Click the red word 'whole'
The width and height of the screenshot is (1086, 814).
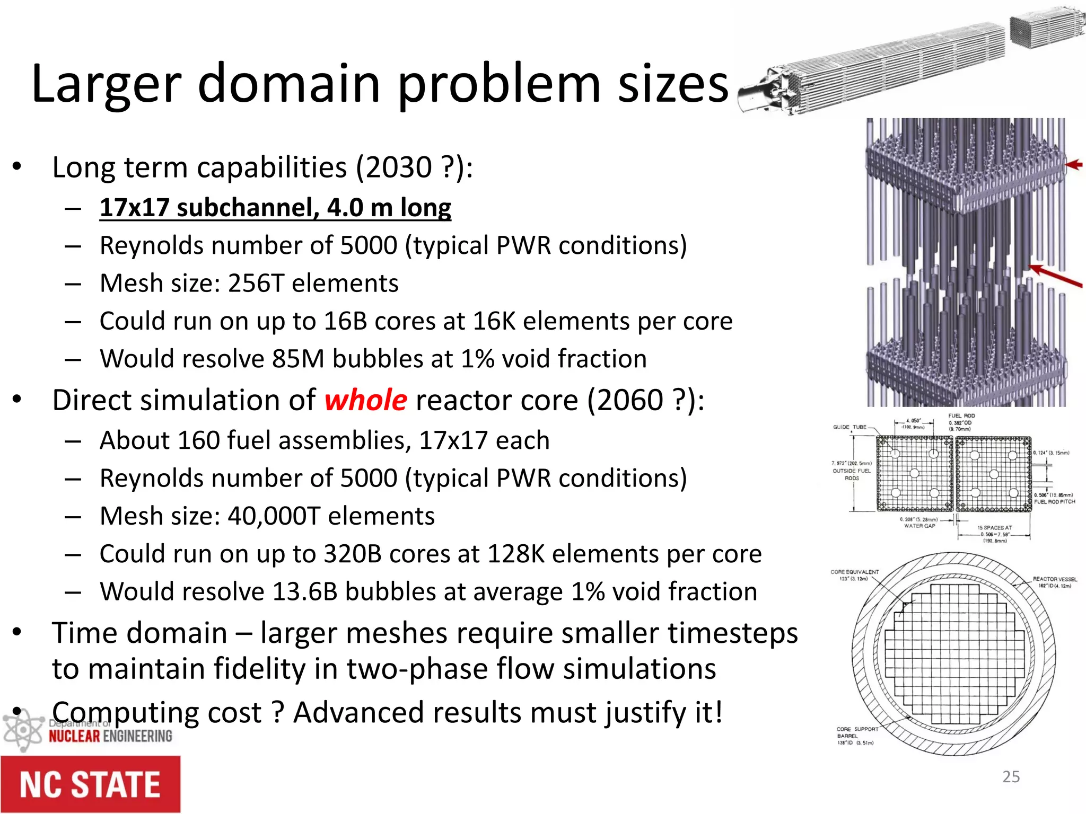[x=365, y=400]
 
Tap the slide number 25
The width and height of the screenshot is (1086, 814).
[x=1011, y=776]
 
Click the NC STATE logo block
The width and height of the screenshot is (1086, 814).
[x=90, y=784]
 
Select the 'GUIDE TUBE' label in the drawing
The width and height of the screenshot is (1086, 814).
[x=849, y=427]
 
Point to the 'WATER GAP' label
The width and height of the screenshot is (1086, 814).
[x=919, y=526]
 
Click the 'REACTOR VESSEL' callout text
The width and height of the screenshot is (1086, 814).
[x=1054, y=579]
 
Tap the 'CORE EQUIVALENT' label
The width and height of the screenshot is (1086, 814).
[x=854, y=572]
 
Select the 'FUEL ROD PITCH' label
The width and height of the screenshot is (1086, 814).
[x=1054, y=501]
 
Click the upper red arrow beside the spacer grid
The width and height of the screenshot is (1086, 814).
[x=1073, y=165]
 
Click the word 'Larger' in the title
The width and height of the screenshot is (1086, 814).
[x=106, y=84]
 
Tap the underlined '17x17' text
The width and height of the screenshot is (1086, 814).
[x=134, y=207]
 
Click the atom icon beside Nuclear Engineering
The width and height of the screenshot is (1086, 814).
[x=22, y=730]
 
